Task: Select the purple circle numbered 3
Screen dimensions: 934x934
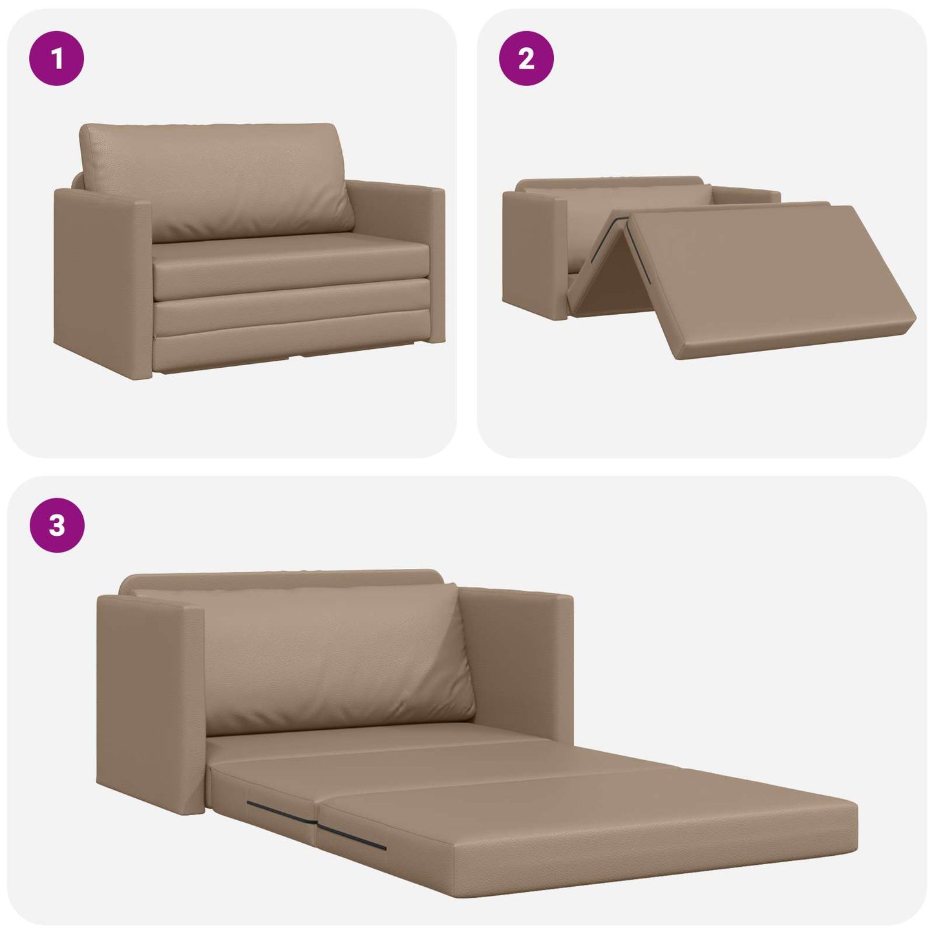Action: (x=57, y=525)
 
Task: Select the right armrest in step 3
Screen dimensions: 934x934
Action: (x=517, y=659)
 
